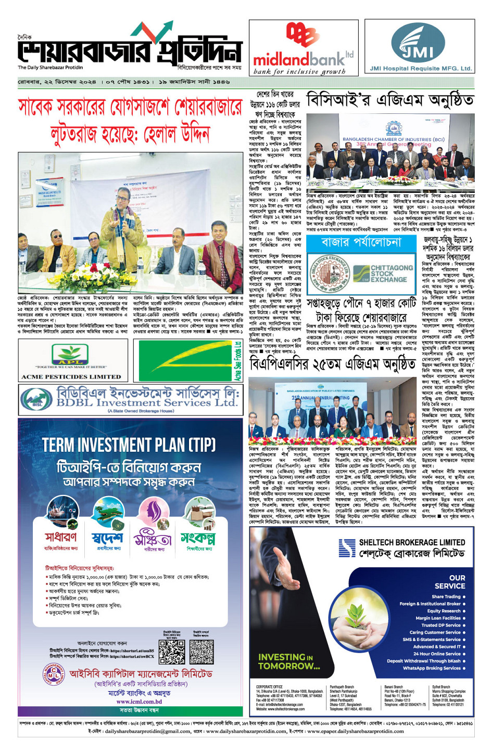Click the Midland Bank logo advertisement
[303, 48]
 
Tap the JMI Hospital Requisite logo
[420, 47]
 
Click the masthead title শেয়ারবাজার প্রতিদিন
[130, 51]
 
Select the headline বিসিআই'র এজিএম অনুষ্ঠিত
[390, 100]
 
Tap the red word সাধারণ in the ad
[61, 537]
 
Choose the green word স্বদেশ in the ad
[107, 538]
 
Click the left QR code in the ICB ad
[171, 652]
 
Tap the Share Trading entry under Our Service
[446, 596]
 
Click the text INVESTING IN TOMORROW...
[289, 661]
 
